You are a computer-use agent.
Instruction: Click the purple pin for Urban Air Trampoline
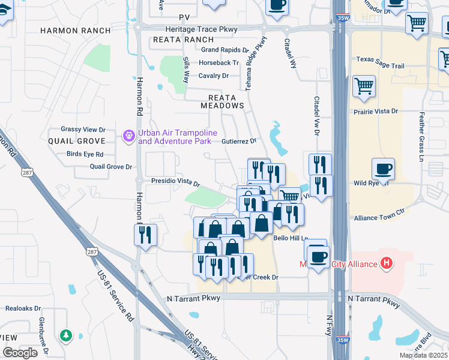click(x=128, y=137)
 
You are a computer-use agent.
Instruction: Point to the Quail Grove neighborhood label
click(x=77, y=141)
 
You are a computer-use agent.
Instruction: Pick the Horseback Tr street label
click(x=219, y=62)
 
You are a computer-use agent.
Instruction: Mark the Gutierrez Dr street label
click(x=239, y=141)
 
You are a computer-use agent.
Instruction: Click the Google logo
click(x=20, y=353)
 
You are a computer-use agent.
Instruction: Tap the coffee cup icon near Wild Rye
click(x=383, y=169)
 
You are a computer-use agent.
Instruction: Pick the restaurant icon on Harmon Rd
click(x=145, y=235)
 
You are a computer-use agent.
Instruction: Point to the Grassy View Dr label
click(x=83, y=129)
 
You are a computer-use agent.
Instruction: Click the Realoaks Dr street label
click(x=23, y=308)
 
